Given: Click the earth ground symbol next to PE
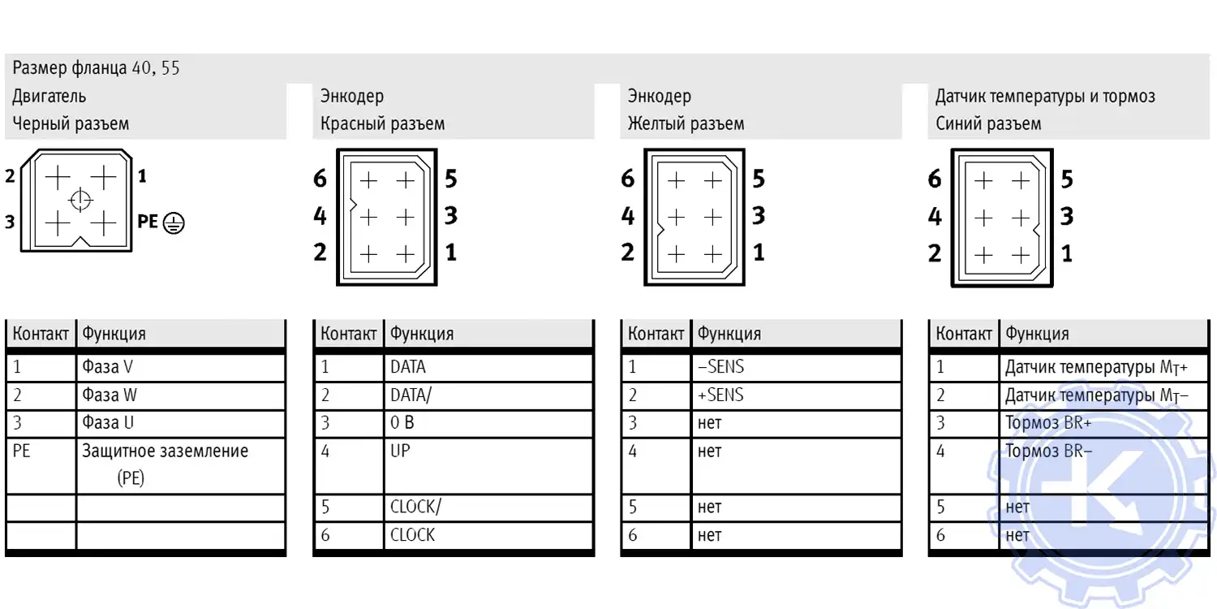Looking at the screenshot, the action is point(174,222).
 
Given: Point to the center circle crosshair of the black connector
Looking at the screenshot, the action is point(80,200).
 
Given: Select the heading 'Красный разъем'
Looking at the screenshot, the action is point(382,124).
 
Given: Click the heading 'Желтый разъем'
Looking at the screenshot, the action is point(686,124).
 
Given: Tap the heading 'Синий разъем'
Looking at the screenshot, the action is point(988,124).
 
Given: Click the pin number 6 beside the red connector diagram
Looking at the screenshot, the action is point(320,179).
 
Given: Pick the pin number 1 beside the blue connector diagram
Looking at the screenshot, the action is point(1067,254).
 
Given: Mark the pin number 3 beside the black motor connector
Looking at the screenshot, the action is point(10,222).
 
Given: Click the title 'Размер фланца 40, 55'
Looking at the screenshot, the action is point(96,68).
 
